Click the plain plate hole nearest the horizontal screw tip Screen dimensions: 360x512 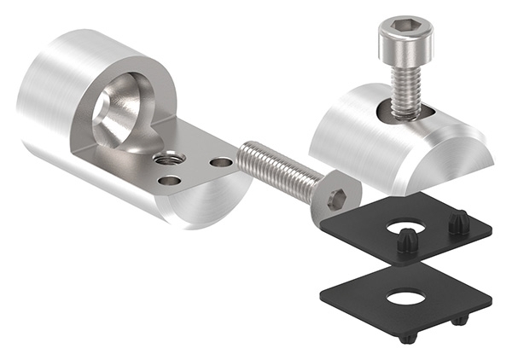pyautogui.click(x=220, y=162)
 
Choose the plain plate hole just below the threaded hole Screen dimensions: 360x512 pyautogui.click(x=169, y=180)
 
